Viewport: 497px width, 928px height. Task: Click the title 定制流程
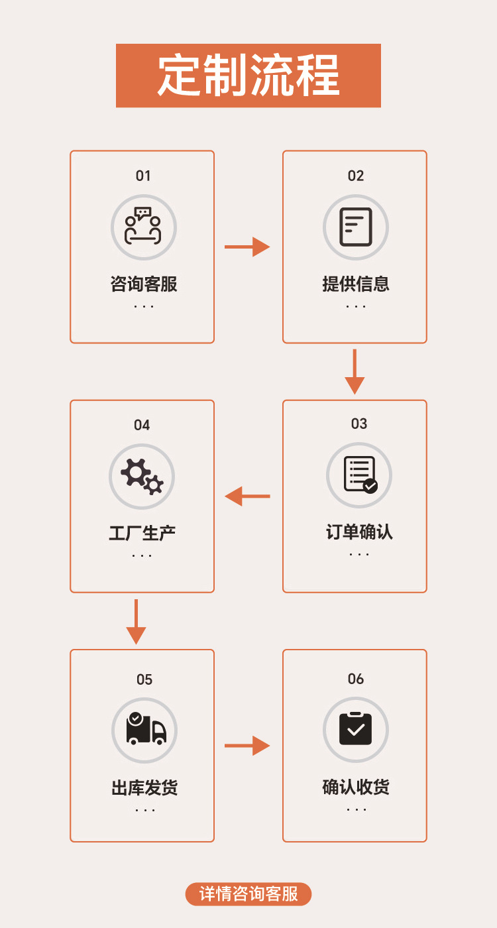coord(248,75)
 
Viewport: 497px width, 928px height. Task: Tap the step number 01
coord(143,176)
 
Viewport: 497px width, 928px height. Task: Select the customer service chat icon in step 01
coord(143,227)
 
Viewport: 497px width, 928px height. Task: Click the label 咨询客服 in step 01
coord(144,284)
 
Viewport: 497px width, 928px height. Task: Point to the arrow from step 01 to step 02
coord(247,247)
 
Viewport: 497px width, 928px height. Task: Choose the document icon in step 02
coord(356,227)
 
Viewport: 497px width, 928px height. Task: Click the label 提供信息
coord(356,284)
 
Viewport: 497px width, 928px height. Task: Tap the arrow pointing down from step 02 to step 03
coord(355,371)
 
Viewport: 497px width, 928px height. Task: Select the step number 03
coord(359,424)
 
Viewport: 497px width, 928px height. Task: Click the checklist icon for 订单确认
coord(359,475)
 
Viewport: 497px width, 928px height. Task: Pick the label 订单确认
coord(359,532)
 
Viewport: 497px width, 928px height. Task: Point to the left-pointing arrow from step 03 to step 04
coord(247,496)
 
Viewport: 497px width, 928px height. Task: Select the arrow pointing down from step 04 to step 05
coord(136,621)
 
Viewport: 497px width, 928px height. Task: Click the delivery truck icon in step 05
coord(144,730)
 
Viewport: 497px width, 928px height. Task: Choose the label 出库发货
coord(144,788)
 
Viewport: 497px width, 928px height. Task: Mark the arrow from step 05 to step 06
coord(247,746)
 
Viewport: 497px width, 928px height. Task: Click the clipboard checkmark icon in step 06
coord(356,729)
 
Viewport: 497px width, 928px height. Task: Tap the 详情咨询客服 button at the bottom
coord(248,894)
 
